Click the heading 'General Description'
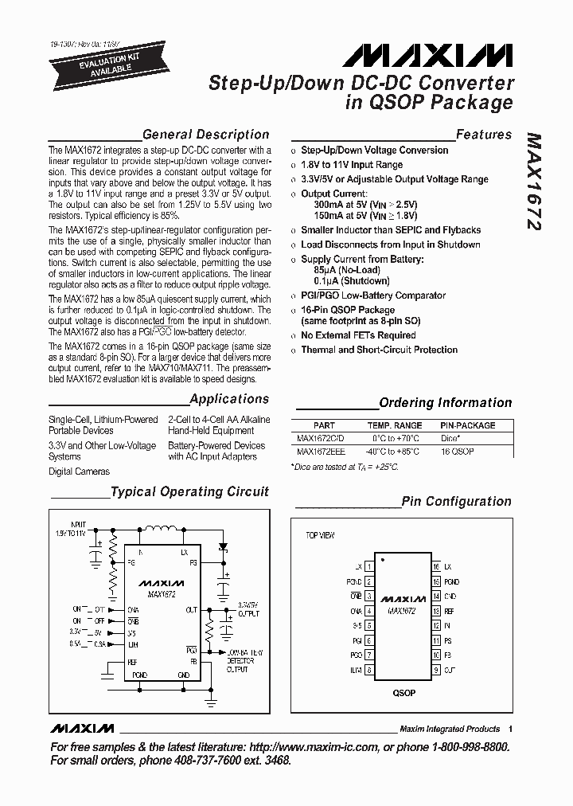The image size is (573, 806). point(205,135)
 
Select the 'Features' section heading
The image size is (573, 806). point(483,135)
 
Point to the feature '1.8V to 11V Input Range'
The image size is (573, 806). point(352,165)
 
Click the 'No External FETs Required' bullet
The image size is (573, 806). point(358,335)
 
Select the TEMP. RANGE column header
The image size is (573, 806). point(395,425)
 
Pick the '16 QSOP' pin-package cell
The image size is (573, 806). point(457,452)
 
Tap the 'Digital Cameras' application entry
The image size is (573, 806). point(80,471)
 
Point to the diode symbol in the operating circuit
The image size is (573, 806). point(223,546)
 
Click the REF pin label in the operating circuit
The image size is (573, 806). point(132,662)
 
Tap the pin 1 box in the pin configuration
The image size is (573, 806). point(369,566)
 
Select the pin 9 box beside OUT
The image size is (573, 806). point(436,670)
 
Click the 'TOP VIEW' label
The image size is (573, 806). point(321,535)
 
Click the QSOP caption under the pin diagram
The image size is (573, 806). point(403,693)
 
